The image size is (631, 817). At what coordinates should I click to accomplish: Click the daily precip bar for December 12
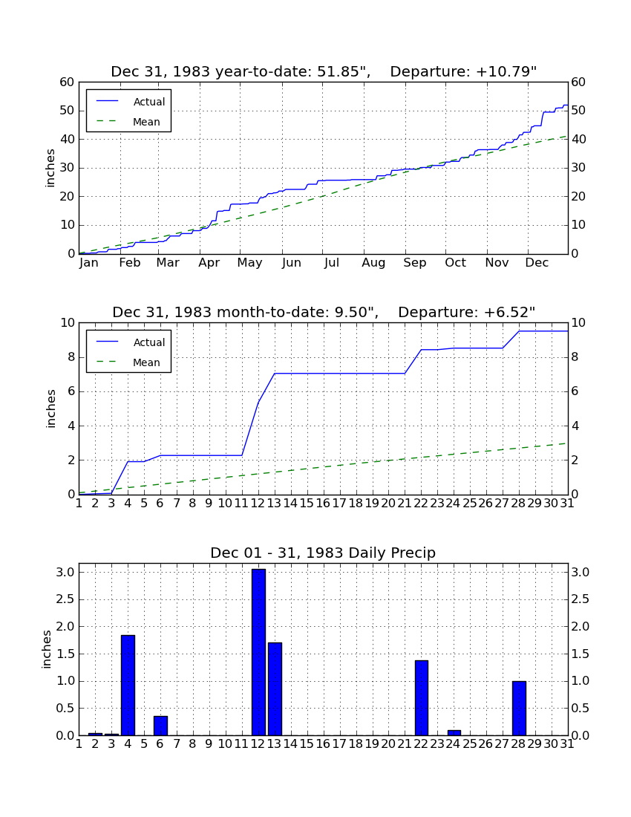pos(258,652)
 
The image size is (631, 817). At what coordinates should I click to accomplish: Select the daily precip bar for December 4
pos(128,686)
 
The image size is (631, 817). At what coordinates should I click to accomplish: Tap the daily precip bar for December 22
pos(422,697)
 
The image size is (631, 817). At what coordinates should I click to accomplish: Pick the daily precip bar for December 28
pos(519,708)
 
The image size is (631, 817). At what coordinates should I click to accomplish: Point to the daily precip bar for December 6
pos(160,726)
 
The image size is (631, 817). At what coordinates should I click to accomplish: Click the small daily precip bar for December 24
pos(454,732)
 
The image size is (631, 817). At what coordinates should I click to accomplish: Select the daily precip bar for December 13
pos(275,689)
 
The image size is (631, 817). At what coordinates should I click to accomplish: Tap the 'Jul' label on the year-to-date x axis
pos(332,263)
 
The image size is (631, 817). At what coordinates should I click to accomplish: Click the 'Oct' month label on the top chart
pos(456,263)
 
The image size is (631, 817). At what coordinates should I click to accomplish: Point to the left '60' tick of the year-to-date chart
pos(68,82)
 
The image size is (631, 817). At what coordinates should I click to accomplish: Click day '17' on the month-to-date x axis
pos(339,504)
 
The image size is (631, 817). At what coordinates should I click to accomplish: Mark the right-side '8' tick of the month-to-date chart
pos(575,357)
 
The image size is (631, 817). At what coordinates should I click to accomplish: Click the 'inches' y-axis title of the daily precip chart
pos(47,649)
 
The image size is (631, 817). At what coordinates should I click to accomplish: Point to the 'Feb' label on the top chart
pos(130,263)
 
